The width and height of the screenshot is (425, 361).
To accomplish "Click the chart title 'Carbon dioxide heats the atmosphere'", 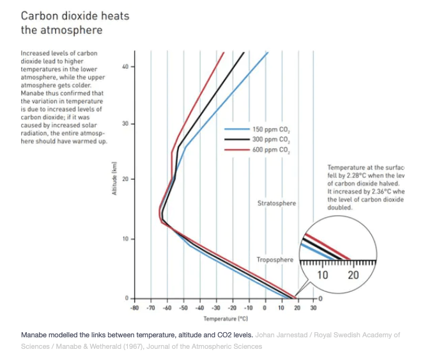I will tap(75, 22).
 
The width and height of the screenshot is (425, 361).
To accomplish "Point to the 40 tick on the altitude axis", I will tap(125, 67).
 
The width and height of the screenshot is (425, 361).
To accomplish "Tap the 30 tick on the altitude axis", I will tap(125, 123).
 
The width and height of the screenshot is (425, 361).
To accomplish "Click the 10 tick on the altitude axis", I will tap(125, 239).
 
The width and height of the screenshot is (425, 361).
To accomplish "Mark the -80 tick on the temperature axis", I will tap(135, 308).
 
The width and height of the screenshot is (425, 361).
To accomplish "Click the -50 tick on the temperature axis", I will tap(183, 308).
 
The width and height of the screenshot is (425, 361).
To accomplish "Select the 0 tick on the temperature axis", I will tap(265, 308).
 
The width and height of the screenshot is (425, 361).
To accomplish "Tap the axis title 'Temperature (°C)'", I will tap(220, 318).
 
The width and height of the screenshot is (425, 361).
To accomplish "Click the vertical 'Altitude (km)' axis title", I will tap(115, 179).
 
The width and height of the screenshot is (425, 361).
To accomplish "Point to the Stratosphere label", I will tap(277, 204).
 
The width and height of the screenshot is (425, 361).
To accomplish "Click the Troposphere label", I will tap(275, 260).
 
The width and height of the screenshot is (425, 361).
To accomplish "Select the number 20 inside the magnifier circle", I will tap(353, 275).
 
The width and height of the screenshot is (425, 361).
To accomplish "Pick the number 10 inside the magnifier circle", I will tap(323, 275).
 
